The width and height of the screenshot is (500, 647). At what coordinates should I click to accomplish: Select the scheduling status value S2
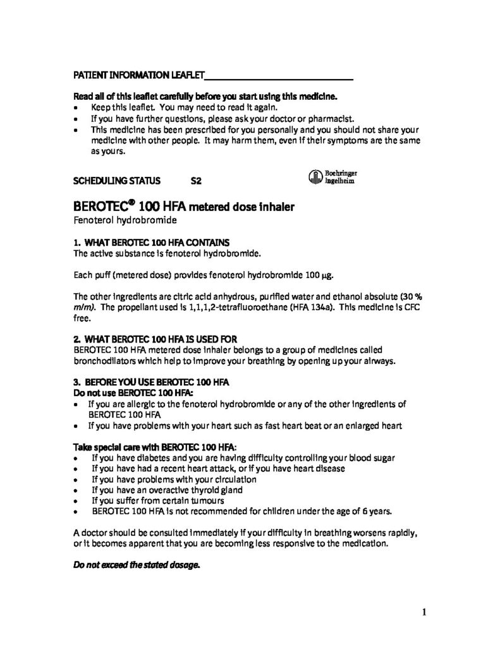point(196,180)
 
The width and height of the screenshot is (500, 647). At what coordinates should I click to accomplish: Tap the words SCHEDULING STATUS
point(113,180)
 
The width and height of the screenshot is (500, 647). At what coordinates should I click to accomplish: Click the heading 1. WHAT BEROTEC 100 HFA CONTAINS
point(152,243)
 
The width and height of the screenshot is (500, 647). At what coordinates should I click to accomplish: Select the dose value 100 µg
point(321,276)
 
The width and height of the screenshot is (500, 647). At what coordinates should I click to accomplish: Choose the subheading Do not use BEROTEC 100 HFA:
point(126,393)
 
